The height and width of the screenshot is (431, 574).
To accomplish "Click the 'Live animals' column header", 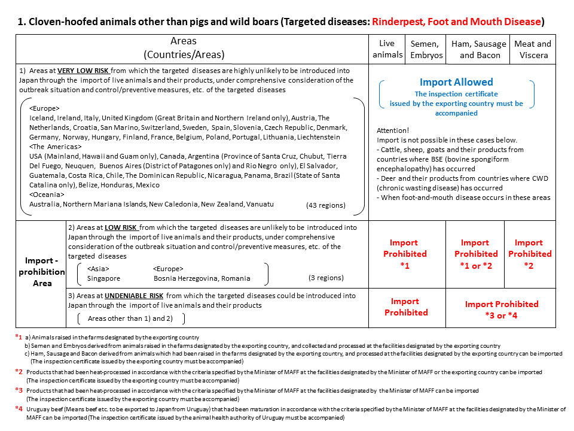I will click(387, 49).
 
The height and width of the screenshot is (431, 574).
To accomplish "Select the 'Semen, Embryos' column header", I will click(426, 49).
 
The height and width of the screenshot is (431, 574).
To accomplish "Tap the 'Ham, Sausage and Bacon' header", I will click(479, 49).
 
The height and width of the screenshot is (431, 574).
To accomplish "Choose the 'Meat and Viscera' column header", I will click(532, 49).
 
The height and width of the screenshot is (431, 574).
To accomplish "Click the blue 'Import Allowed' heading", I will click(456, 83).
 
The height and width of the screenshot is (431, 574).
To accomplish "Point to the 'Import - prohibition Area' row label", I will click(41, 272).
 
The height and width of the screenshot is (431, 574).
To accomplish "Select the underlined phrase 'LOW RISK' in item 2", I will click(121, 227).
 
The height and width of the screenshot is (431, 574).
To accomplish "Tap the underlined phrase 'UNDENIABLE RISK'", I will click(133, 296).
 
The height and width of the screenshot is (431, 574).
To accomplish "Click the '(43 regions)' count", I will click(325, 205).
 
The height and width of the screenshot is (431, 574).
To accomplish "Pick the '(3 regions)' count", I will click(326, 278).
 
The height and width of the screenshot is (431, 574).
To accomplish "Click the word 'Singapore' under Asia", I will click(103, 278).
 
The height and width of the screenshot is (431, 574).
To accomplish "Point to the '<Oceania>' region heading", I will click(46, 195).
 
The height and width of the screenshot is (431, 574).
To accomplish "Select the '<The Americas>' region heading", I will click(56, 147).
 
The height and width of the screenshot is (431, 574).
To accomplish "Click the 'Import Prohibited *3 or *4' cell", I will click(502, 309).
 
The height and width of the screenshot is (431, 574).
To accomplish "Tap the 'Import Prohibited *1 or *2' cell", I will click(475, 254).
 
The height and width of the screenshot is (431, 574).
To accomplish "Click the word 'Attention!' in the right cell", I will click(393, 130).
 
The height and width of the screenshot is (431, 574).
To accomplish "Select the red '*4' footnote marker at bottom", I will click(19, 409).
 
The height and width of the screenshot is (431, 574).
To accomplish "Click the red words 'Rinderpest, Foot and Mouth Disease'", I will click(456, 22).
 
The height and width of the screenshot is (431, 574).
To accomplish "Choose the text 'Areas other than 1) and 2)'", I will click(130, 318).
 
